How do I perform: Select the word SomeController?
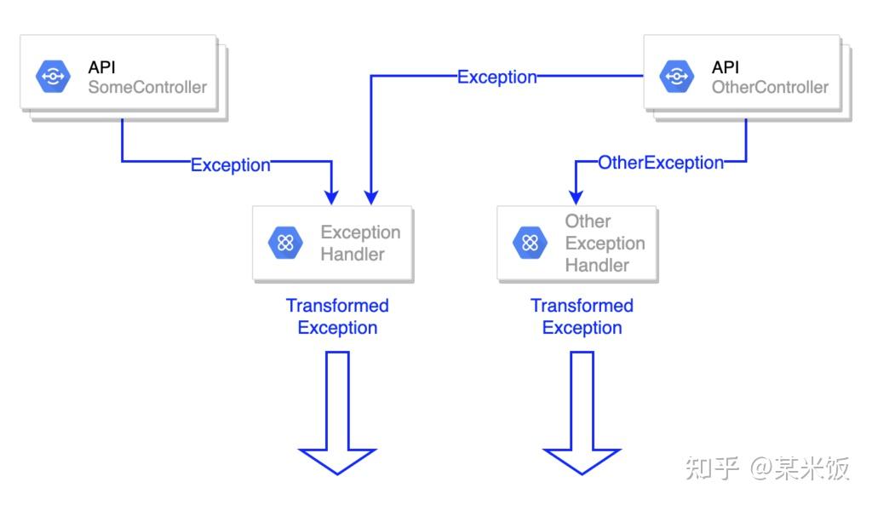pyautogui.click(x=147, y=87)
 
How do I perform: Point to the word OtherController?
pyautogui.click(x=770, y=87)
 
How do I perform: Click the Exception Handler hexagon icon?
pyautogui.click(x=285, y=243)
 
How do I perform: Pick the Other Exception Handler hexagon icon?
pyautogui.click(x=530, y=243)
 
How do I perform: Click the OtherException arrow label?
pyautogui.click(x=661, y=162)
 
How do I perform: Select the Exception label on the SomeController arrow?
pyautogui.click(x=230, y=164)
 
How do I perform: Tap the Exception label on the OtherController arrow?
pyautogui.click(x=497, y=77)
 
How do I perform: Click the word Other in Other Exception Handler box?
pyautogui.click(x=588, y=221)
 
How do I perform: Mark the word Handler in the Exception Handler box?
pyautogui.click(x=353, y=254)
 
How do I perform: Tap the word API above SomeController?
pyautogui.click(x=101, y=67)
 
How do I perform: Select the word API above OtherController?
pyautogui.click(x=726, y=67)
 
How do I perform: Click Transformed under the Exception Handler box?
pyautogui.click(x=337, y=306)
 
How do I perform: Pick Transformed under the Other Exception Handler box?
pyautogui.click(x=582, y=306)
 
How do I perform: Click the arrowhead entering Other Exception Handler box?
pyautogui.click(x=577, y=198)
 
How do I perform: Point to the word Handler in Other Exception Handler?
pyautogui.click(x=597, y=265)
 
